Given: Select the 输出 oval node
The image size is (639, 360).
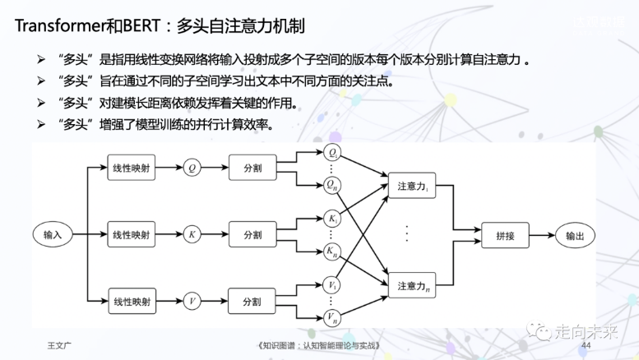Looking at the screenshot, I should point(574,235).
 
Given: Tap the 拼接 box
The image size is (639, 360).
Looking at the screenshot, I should point(505,235).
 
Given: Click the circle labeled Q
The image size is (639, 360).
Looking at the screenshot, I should point(192,167).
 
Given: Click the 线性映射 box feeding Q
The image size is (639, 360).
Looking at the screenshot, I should point(132,167).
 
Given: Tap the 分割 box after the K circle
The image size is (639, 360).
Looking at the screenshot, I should point(252,235).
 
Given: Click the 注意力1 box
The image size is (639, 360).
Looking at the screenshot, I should point(412,186).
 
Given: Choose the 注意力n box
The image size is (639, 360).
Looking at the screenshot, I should point(412,286).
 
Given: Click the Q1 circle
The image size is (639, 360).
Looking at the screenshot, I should point(333,153).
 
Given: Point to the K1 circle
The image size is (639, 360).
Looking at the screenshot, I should point(333,219).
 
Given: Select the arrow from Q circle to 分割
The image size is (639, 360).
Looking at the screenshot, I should point(215,167).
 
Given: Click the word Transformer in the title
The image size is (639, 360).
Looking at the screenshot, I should point(62,25).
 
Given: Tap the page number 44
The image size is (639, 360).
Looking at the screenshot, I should point(586,345).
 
